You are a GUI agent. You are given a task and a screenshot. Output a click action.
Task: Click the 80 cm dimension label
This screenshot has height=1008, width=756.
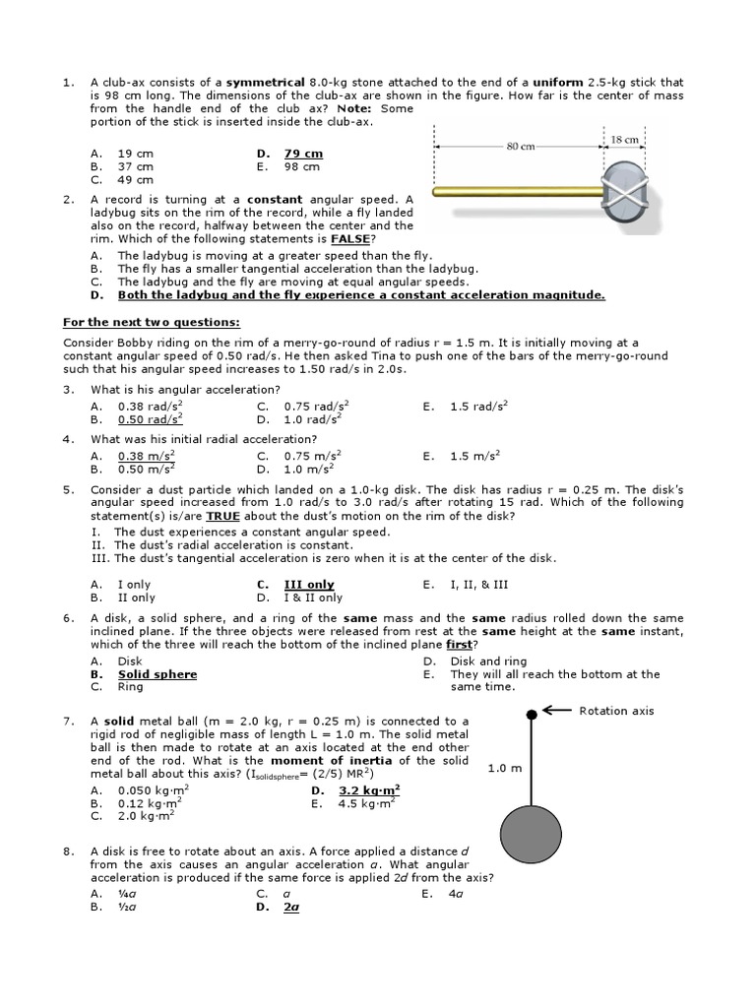[520, 147]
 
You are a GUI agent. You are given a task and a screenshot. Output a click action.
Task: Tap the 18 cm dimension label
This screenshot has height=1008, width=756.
[624, 140]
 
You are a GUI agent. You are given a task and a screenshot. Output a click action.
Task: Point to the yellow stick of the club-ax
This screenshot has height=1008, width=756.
[517, 192]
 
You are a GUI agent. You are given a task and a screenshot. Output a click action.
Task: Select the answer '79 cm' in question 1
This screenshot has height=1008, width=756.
[303, 154]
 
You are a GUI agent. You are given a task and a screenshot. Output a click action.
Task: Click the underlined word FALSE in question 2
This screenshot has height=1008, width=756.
[351, 239]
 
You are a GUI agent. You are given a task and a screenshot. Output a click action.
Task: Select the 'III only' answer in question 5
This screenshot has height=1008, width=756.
[309, 584]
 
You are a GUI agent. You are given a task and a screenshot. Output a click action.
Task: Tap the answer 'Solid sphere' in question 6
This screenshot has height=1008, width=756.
[157, 674]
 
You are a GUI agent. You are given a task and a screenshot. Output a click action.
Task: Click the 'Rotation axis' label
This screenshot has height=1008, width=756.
[616, 711]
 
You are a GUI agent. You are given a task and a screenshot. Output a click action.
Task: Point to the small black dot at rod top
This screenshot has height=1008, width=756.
[532, 714]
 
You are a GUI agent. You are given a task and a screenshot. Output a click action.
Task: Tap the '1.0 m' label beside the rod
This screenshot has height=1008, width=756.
[504, 769]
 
